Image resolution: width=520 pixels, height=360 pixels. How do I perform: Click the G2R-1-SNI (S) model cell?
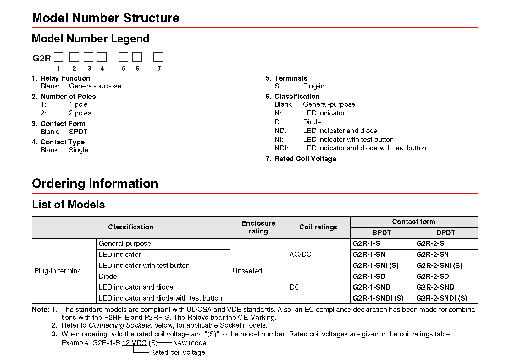[x=375, y=265]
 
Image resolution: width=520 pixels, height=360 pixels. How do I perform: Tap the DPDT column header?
[x=445, y=233]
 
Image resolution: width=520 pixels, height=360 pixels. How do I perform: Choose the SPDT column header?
[x=382, y=233]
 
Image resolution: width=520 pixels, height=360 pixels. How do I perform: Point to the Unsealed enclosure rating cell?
[x=247, y=271]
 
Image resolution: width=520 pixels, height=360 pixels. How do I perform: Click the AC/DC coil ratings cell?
[x=300, y=254]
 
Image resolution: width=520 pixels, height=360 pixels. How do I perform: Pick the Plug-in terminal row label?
[x=58, y=271]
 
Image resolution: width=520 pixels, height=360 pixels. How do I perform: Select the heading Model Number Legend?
[x=91, y=39]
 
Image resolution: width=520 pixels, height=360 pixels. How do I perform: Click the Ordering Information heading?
[x=95, y=183]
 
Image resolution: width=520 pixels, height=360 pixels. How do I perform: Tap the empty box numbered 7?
[x=158, y=57]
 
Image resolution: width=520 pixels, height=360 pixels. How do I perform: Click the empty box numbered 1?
[x=58, y=57]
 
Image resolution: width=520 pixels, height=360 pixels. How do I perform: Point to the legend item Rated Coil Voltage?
[x=305, y=159]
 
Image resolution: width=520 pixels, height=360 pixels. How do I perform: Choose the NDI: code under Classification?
[x=281, y=148]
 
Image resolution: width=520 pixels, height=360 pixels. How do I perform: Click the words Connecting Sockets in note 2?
[x=119, y=325]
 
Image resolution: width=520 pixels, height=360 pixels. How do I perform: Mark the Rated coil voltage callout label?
[x=177, y=352]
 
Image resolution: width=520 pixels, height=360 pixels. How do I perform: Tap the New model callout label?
[x=190, y=343]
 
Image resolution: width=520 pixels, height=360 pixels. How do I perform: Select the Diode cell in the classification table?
[x=108, y=276]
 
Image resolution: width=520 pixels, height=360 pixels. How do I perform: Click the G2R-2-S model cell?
[x=430, y=243]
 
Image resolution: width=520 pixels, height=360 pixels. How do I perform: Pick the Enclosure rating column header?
[x=258, y=227]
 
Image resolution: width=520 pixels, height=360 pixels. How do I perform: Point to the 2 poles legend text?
[x=80, y=113]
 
